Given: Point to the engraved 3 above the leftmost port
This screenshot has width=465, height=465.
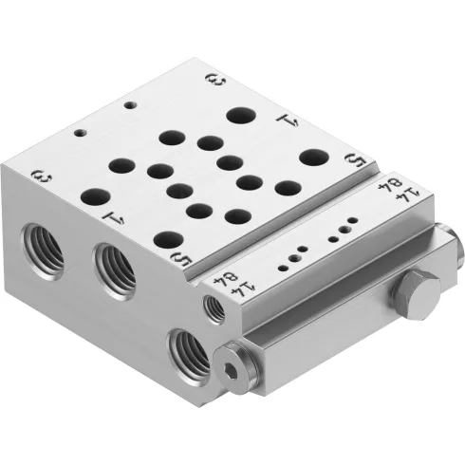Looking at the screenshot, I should click(x=40, y=176).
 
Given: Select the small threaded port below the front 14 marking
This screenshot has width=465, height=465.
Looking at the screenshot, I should click(x=215, y=307).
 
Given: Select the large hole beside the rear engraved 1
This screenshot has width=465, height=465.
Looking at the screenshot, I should click(x=238, y=117).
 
